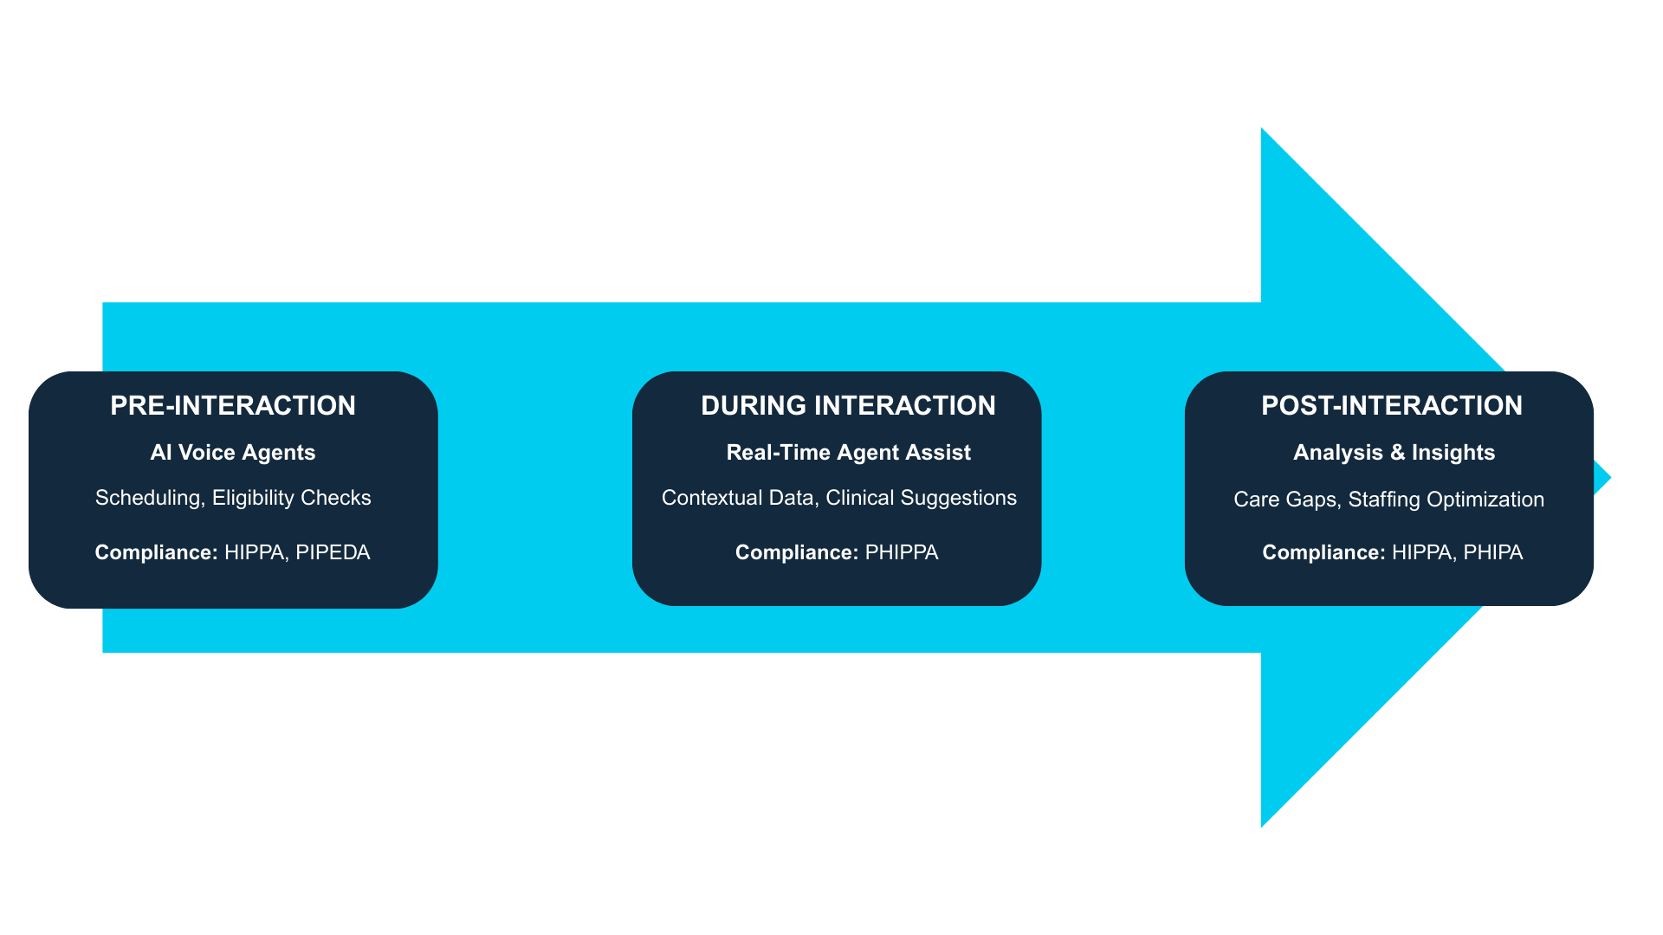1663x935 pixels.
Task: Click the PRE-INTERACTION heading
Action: [233, 406]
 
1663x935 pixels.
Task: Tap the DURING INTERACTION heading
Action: [848, 406]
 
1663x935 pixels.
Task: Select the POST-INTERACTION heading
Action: [1392, 406]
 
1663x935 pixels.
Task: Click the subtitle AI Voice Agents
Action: [233, 453]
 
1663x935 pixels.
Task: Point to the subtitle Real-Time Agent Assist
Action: [849, 453]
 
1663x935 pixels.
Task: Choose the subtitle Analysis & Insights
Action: [1394, 453]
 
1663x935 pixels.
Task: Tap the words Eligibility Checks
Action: [292, 499]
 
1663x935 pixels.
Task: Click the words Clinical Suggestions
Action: [922, 499]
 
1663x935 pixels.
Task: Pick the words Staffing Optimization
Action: [1446, 500]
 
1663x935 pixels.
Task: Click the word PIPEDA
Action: [333, 553]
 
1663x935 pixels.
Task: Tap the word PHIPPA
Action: [902, 553]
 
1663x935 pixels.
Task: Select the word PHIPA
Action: [1493, 553]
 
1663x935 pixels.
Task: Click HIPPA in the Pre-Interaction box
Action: [255, 553]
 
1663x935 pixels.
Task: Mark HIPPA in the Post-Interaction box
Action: [1422, 553]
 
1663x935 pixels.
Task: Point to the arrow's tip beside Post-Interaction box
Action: [1610, 478]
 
